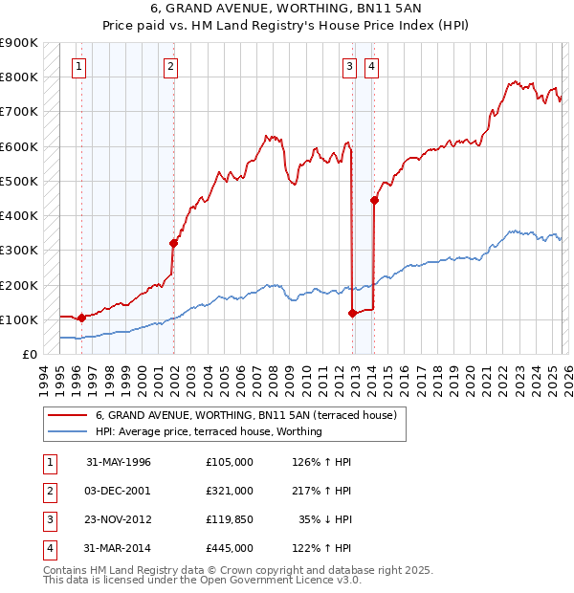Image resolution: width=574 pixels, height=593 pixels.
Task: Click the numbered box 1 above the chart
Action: (77, 66)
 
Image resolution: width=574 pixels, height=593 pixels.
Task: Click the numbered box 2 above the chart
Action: (169, 66)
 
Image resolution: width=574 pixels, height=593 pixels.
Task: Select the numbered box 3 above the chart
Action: (350, 66)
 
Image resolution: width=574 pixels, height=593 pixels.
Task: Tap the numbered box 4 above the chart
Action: (370, 66)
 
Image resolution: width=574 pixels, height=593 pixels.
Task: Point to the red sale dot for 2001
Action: (174, 243)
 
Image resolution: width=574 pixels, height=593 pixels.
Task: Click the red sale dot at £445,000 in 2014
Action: (374, 200)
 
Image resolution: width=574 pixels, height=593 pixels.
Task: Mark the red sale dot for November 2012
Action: (353, 313)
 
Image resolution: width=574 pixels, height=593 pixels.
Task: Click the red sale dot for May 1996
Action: (81, 318)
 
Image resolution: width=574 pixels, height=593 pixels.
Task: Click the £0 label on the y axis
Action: (29, 354)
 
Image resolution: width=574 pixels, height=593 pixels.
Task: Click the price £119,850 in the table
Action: (229, 519)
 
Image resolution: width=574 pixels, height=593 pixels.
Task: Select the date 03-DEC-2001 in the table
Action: (119, 491)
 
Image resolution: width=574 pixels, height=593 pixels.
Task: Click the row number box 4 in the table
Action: (49, 548)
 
